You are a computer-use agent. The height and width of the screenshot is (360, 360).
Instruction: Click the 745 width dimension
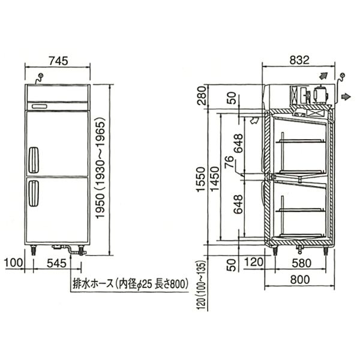point(59,61)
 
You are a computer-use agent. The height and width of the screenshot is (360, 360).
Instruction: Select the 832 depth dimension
point(299,60)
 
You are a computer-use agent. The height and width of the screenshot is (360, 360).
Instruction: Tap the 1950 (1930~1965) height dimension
point(100,168)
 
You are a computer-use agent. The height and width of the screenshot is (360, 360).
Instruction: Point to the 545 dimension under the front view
point(56,263)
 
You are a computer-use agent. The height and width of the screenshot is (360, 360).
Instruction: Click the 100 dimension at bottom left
point(14,262)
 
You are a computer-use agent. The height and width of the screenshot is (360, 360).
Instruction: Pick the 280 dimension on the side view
point(202,95)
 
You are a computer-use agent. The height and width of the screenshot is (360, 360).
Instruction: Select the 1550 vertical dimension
point(200,179)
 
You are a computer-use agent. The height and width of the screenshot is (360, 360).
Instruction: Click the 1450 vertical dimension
point(215,179)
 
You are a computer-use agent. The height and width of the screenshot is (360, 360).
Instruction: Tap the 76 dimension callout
point(229,162)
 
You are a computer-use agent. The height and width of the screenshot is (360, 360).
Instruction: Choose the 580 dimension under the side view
point(302,263)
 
